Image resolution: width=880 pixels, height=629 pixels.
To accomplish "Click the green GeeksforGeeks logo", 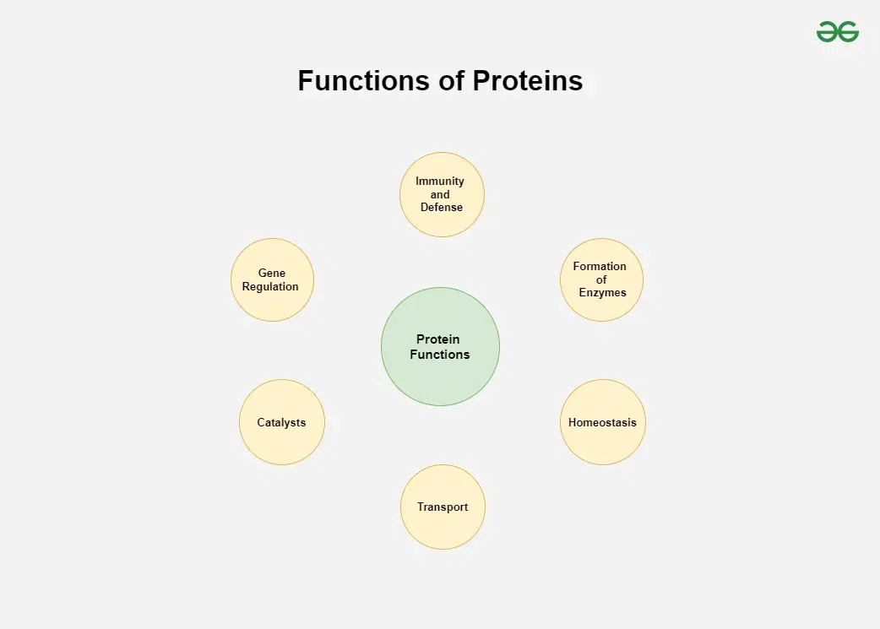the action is (837, 32).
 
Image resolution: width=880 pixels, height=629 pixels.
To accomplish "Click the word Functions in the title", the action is (364, 81).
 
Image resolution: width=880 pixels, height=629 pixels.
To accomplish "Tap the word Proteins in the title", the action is (528, 81).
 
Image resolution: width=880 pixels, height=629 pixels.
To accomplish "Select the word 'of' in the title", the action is (451, 81).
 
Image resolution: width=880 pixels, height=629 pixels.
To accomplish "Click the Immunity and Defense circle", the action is (442, 194).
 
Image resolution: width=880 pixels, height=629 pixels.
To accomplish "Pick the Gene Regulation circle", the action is (272, 279).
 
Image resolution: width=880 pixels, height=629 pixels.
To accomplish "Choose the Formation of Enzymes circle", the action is (601, 279).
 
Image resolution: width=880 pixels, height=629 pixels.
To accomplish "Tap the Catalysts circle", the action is (282, 422).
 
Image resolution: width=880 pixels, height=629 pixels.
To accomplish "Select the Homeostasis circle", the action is (603, 422).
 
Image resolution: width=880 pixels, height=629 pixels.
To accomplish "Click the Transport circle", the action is (443, 507).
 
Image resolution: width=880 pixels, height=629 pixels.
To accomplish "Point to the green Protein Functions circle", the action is (440, 346).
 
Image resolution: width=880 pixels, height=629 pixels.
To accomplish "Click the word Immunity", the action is (440, 182).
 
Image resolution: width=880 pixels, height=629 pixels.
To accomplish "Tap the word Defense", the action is (442, 207).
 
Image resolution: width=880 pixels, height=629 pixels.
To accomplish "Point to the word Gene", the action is (272, 273).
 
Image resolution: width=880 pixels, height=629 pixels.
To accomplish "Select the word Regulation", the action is (270, 287).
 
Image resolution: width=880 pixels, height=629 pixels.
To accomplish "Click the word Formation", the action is (600, 266).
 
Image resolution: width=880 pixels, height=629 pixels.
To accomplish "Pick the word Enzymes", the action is (603, 292).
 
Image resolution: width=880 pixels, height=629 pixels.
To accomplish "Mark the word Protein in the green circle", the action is (437, 339).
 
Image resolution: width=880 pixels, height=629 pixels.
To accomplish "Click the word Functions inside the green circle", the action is (439, 354).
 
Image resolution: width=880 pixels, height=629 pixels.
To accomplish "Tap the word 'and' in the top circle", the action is (440, 194).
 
